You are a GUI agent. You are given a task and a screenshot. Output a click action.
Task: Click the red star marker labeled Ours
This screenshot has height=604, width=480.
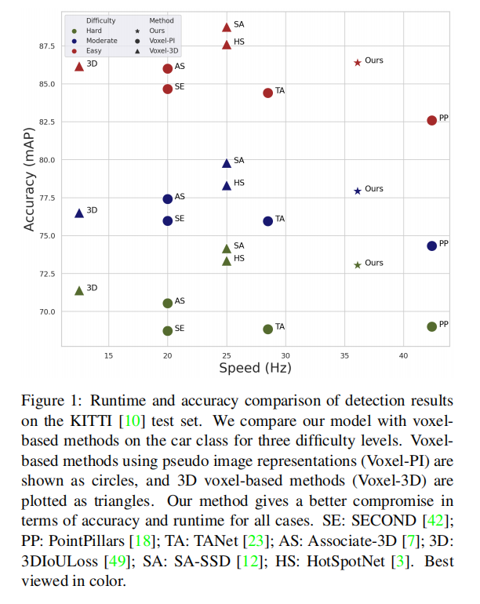358,62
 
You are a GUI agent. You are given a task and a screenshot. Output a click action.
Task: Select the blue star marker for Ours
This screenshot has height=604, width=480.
358,191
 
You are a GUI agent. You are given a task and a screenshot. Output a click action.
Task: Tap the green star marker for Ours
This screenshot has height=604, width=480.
358,265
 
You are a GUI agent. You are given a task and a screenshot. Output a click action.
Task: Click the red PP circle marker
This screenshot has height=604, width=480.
431,120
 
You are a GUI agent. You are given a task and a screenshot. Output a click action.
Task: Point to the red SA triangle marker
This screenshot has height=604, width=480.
227,27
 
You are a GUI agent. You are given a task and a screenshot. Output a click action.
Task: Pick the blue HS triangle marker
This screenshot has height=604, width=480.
227,185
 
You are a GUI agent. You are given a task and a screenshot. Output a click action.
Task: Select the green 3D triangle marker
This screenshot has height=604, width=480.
79,290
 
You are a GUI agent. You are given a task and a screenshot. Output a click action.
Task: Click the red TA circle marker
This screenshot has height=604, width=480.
267,93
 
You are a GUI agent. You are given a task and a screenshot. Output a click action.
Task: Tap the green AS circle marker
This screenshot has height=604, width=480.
168,303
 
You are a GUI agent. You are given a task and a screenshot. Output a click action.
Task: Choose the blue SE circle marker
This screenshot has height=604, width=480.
168,220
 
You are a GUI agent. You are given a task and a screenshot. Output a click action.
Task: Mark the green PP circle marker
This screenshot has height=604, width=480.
431,326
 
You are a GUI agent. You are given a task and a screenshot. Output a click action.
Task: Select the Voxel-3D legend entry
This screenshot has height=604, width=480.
163,50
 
